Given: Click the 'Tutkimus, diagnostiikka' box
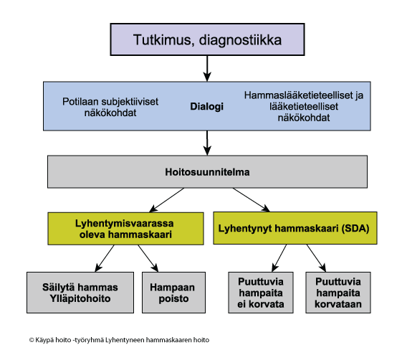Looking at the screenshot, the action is [207, 39].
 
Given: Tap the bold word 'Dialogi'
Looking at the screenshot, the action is [206, 106].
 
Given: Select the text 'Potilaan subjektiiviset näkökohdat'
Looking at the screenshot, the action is [110, 107].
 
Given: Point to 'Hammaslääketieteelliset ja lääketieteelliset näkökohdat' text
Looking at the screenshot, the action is [304, 106].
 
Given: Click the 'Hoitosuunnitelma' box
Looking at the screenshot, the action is [207, 171].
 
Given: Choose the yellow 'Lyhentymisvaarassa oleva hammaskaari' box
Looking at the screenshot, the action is [125, 229].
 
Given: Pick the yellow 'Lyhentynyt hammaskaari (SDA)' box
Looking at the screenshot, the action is [295, 228].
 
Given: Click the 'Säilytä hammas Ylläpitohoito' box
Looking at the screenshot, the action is [80, 293].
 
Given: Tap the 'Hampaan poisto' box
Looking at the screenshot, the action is [174, 293].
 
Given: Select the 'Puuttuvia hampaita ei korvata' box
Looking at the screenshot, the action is [261, 293].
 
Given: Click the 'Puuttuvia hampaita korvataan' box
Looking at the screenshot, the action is [338, 293].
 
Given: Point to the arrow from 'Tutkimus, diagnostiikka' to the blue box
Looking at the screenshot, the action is [207, 69].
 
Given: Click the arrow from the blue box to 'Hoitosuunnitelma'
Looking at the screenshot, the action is [207, 143].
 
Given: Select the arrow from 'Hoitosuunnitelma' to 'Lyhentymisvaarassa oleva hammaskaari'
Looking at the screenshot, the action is [166, 200].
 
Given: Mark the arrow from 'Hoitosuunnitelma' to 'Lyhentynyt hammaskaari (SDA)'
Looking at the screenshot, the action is [252, 200].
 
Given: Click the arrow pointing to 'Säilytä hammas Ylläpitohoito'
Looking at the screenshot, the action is [105, 258].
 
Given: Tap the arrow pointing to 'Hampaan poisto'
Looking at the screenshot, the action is [148, 258].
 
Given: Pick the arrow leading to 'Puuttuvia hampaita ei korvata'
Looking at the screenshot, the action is [279, 258].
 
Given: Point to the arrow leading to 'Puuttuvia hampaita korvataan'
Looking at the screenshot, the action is [316, 258].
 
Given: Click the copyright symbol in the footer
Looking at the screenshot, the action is [32, 340].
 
